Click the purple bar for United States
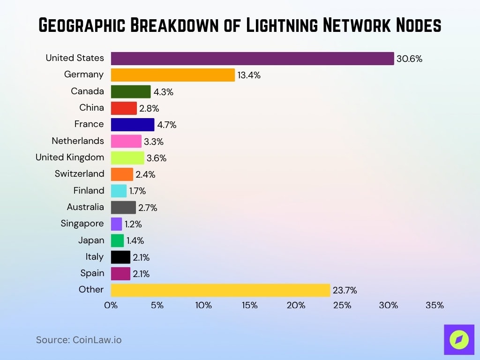pos(252,59)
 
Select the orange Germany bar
pos(172,75)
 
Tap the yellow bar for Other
pos(220,290)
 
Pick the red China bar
pos(124,108)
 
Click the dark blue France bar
pos(132,125)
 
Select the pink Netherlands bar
pos(126,141)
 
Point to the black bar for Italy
pos(120,257)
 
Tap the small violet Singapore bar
pos(116,224)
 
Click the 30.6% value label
pos(409,59)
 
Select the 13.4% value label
pos(249,75)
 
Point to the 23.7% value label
pos(345,291)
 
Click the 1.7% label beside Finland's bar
pos(137,191)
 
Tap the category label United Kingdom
pos(70,157)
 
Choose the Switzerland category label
pos(79,174)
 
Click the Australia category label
pos(85,207)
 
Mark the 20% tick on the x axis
pos(296,306)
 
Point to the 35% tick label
pos(435,306)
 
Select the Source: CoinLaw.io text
pos(79,340)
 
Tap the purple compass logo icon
pos(459,340)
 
